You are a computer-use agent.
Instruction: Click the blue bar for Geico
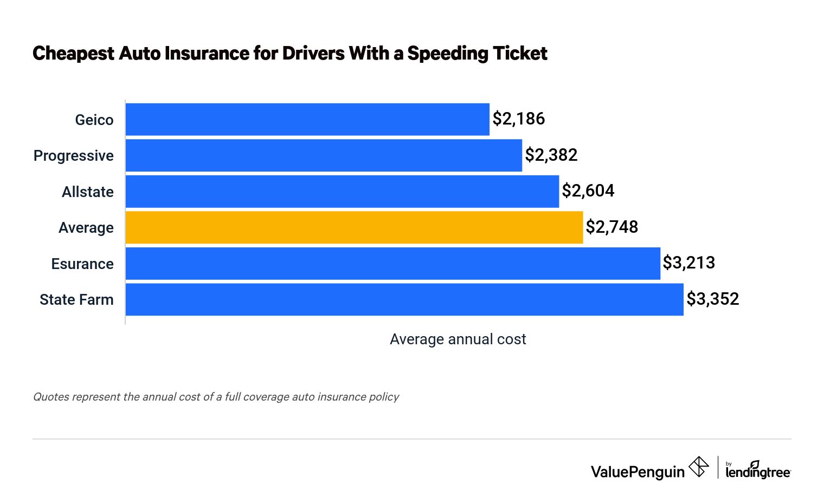coord(307,120)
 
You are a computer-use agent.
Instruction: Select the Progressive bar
coord(324,155)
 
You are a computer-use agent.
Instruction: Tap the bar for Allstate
coord(342,191)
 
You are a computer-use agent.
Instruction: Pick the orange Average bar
coord(354,227)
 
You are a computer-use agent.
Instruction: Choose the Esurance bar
coord(392,264)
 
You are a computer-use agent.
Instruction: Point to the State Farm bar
coord(404,299)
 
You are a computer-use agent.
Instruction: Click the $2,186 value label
coord(518,119)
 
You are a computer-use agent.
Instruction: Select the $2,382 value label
coord(551,155)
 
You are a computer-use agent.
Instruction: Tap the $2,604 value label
coord(588,191)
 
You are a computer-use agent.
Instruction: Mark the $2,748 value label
coord(611,227)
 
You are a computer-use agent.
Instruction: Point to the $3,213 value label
coord(688,263)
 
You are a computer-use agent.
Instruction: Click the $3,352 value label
coord(712,299)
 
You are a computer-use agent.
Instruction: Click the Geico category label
coord(94,120)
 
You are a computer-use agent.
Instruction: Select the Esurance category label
coord(82,264)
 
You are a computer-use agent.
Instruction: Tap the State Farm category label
coord(76,299)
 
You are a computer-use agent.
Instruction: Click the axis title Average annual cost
coord(458,339)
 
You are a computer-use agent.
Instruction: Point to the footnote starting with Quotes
coord(216,397)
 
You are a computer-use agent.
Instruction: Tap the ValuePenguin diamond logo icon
coord(698,467)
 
